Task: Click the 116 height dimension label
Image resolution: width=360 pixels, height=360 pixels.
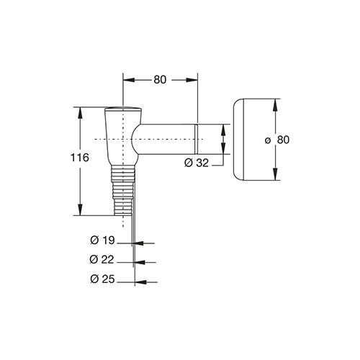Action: coord(80,158)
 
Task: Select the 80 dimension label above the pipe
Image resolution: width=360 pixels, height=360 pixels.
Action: coord(160,80)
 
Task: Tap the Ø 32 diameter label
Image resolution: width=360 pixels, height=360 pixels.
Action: coord(197,163)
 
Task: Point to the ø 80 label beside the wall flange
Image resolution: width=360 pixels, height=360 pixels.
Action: coord(277,140)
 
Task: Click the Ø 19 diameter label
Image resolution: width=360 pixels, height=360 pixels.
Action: coord(103,240)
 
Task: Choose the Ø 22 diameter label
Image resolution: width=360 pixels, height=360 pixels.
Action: coord(102,260)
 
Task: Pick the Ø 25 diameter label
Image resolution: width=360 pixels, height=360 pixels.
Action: coord(103,279)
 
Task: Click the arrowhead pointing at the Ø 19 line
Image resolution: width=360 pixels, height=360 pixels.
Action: coord(138,243)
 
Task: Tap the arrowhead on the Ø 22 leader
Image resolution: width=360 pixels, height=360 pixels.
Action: coord(140,263)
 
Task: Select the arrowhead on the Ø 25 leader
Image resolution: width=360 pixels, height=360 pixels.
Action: coord(141,282)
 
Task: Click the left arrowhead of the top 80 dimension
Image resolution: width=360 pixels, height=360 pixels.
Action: coord(128,80)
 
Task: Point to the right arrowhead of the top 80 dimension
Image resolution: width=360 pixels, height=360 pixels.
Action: coord(192,80)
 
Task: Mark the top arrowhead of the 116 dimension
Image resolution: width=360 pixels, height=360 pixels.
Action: coord(80,113)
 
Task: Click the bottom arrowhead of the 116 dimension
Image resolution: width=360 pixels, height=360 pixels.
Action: coord(80,210)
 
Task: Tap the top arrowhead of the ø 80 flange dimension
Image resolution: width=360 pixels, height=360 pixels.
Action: coord(275,104)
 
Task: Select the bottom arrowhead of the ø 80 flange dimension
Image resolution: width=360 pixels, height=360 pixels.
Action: coord(275,174)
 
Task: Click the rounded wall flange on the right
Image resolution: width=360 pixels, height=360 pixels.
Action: coord(238,140)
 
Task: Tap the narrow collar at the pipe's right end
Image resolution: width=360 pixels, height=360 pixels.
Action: coord(196,140)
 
